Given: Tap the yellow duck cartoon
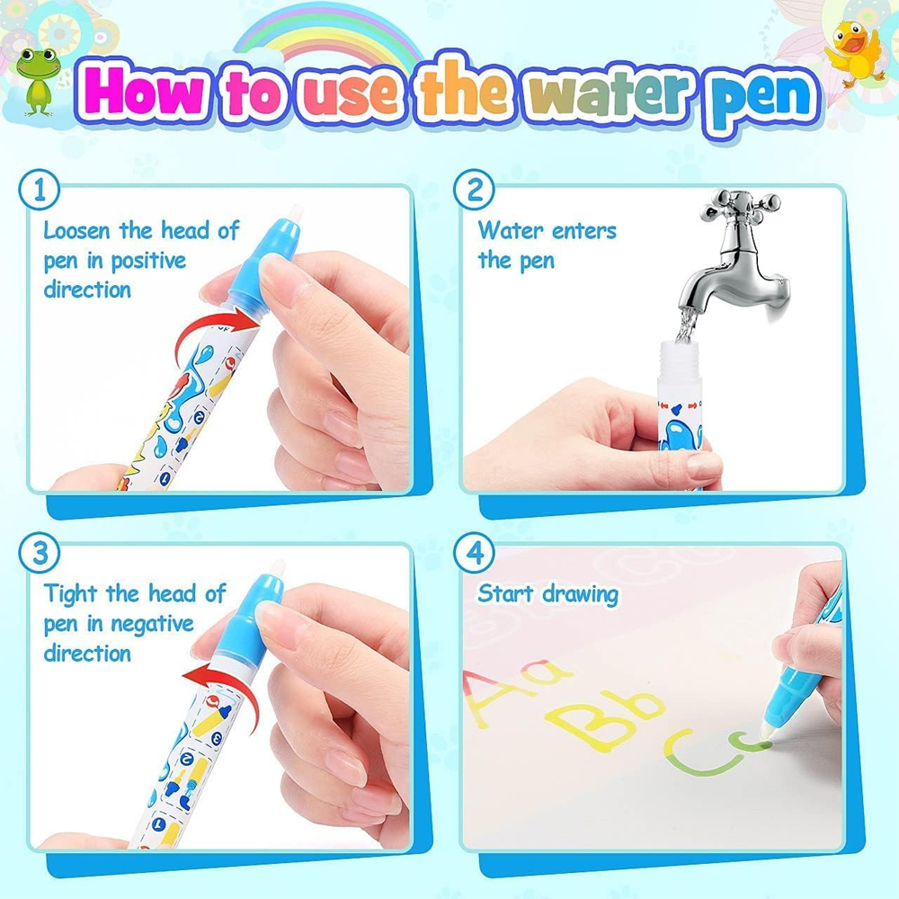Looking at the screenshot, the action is (x=853, y=53).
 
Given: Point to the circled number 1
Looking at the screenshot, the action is (x=39, y=191).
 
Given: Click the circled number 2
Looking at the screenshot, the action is (x=474, y=190).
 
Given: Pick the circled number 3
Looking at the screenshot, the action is (x=39, y=552).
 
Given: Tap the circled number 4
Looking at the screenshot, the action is (x=474, y=552).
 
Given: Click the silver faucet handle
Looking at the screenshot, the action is (x=740, y=207).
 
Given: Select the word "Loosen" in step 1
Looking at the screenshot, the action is (x=76, y=231).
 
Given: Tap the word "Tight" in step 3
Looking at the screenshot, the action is (x=71, y=594).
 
